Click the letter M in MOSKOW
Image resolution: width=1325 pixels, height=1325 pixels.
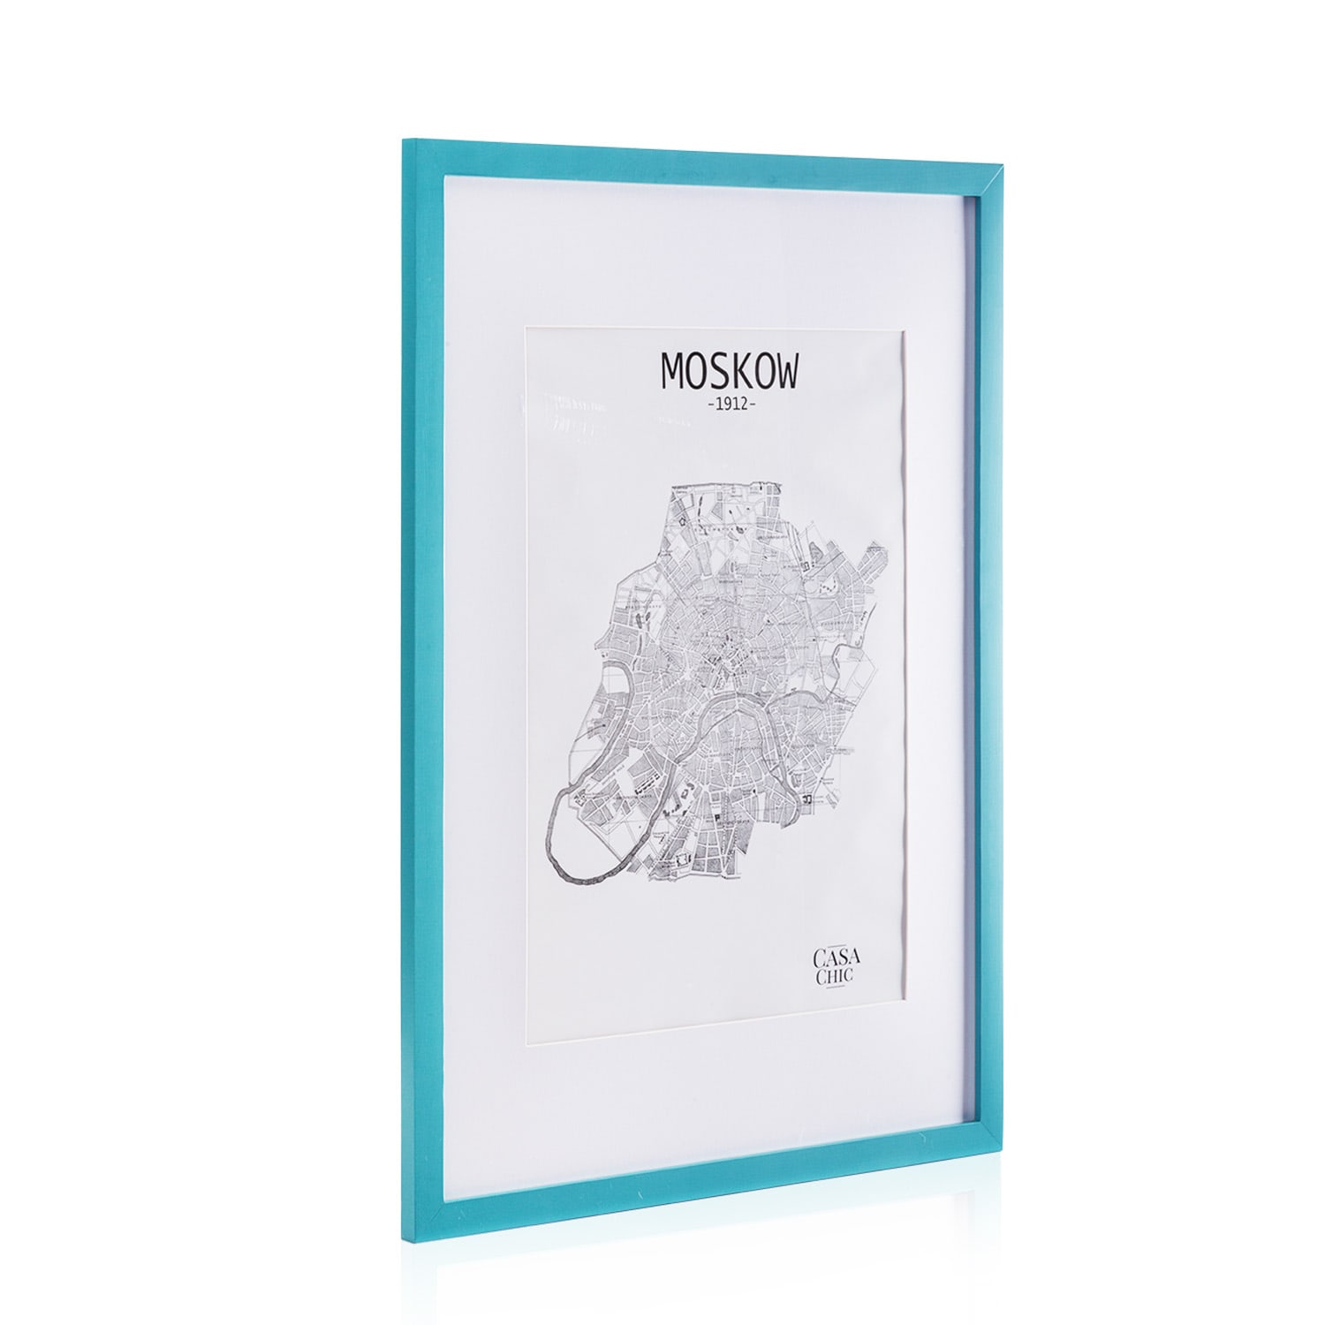(673, 372)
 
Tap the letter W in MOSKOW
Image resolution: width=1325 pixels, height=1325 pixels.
(784, 373)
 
